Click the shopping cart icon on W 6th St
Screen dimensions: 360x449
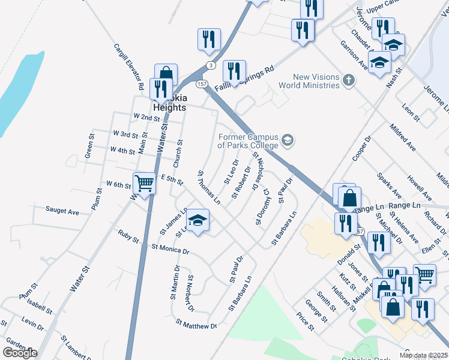click(x=144, y=182)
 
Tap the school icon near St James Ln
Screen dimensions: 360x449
click(x=197, y=220)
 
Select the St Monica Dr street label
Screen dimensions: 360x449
click(x=170, y=248)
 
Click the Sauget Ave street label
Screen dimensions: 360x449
click(x=62, y=211)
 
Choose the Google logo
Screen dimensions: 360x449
click(x=20, y=353)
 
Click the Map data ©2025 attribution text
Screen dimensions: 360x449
click(x=423, y=355)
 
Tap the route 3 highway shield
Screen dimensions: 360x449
click(x=209, y=65)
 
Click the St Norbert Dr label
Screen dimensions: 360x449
click(x=191, y=293)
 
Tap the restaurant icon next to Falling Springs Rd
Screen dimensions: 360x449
click(x=234, y=71)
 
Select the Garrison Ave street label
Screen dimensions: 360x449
click(x=354, y=55)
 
